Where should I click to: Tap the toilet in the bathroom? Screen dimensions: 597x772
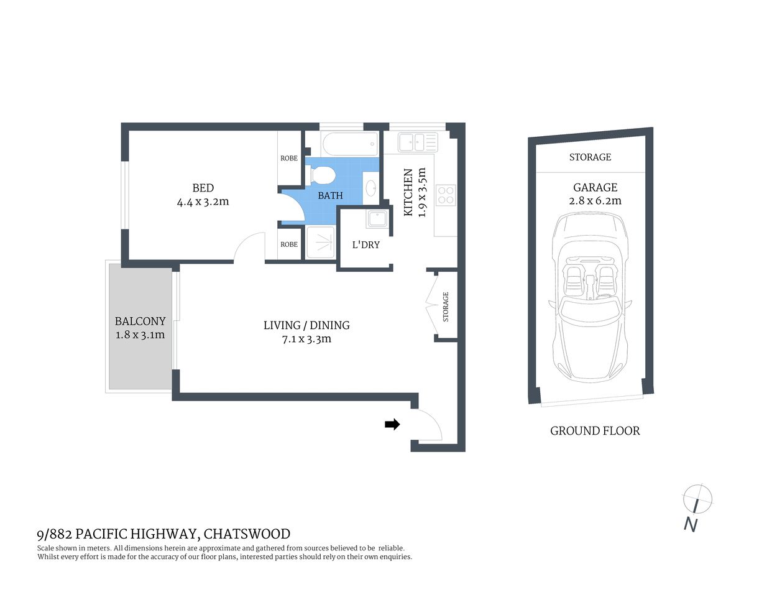point(323,175)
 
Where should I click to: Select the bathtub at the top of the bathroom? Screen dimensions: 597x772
point(350,145)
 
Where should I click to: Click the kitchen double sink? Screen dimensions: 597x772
point(418,142)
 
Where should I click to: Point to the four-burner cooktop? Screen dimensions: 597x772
point(446,195)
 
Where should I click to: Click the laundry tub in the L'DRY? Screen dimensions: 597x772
point(377,220)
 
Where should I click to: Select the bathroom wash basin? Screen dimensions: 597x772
point(370,188)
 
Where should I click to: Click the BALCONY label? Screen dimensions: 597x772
point(140,322)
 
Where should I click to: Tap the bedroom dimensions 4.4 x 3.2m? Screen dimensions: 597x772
point(203,202)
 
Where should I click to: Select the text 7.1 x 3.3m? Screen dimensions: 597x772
point(306,340)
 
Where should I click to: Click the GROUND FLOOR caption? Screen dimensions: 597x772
point(595,431)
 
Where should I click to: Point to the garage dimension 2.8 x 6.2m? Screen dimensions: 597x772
point(595,201)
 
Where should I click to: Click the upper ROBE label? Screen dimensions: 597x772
point(289,159)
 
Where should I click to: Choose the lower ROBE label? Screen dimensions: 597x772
point(289,244)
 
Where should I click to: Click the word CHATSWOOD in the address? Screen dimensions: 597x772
point(247,534)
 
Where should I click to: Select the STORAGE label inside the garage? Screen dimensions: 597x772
point(590,157)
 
